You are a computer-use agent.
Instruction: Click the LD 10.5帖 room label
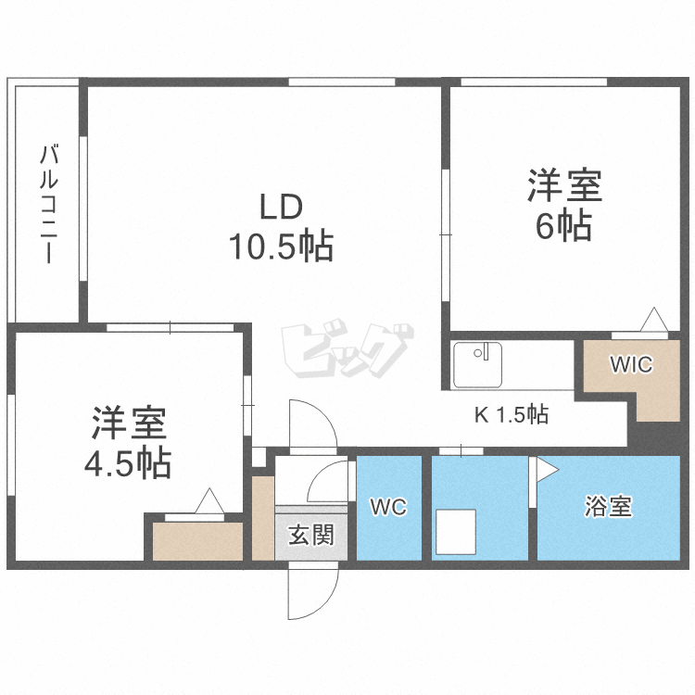point(280,226)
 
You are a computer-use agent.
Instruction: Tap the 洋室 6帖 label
point(564,204)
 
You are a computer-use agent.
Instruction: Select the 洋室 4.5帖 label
point(128,441)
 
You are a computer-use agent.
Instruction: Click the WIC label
point(630,364)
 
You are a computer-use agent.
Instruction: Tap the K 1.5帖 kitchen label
point(512,414)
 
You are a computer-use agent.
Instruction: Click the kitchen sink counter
point(477,365)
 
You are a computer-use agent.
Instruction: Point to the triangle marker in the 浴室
point(545,471)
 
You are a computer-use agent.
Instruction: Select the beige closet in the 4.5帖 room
point(197,541)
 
